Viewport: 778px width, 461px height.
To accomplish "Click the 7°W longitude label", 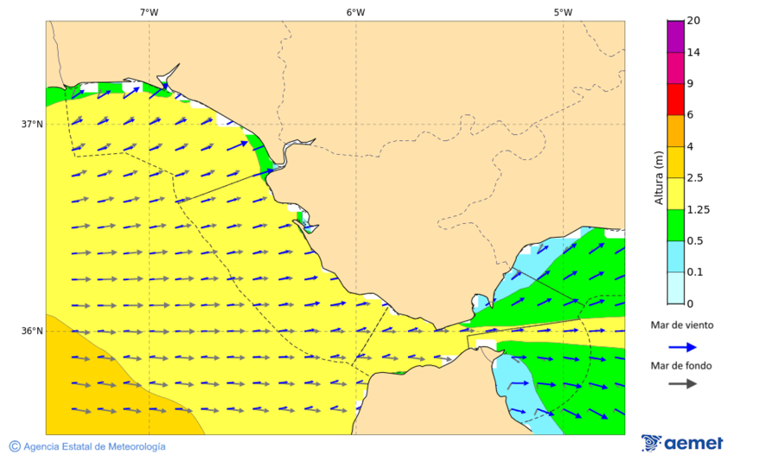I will [149, 12].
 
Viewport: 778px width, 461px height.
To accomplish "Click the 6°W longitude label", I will [355, 12].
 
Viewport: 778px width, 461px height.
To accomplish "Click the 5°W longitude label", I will [563, 12].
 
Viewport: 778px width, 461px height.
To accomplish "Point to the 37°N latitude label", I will [32, 124].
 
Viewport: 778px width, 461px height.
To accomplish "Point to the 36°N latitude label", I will [32, 331].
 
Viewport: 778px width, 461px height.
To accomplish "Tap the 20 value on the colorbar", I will [693, 21].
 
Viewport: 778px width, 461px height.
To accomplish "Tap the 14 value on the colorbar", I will [693, 53].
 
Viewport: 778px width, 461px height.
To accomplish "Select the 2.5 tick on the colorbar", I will [694, 178].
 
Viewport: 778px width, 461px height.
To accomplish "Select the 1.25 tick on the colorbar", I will [697, 209].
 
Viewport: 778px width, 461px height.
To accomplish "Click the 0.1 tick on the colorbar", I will [694, 272].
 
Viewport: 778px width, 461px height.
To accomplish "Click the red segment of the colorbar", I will [676, 99].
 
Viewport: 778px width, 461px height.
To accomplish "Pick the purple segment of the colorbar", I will [676, 36].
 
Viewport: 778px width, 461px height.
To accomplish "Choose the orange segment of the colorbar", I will [676, 131].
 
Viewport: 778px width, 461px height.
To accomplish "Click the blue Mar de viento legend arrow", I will [683, 347].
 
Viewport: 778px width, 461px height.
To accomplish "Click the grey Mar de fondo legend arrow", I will [683, 383].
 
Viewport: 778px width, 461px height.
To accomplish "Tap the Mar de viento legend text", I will [682, 325].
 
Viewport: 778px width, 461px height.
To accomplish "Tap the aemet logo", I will [683, 443].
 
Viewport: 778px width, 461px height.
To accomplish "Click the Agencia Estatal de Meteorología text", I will [94, 446].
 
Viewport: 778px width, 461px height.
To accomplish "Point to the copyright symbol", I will [15, 446].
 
